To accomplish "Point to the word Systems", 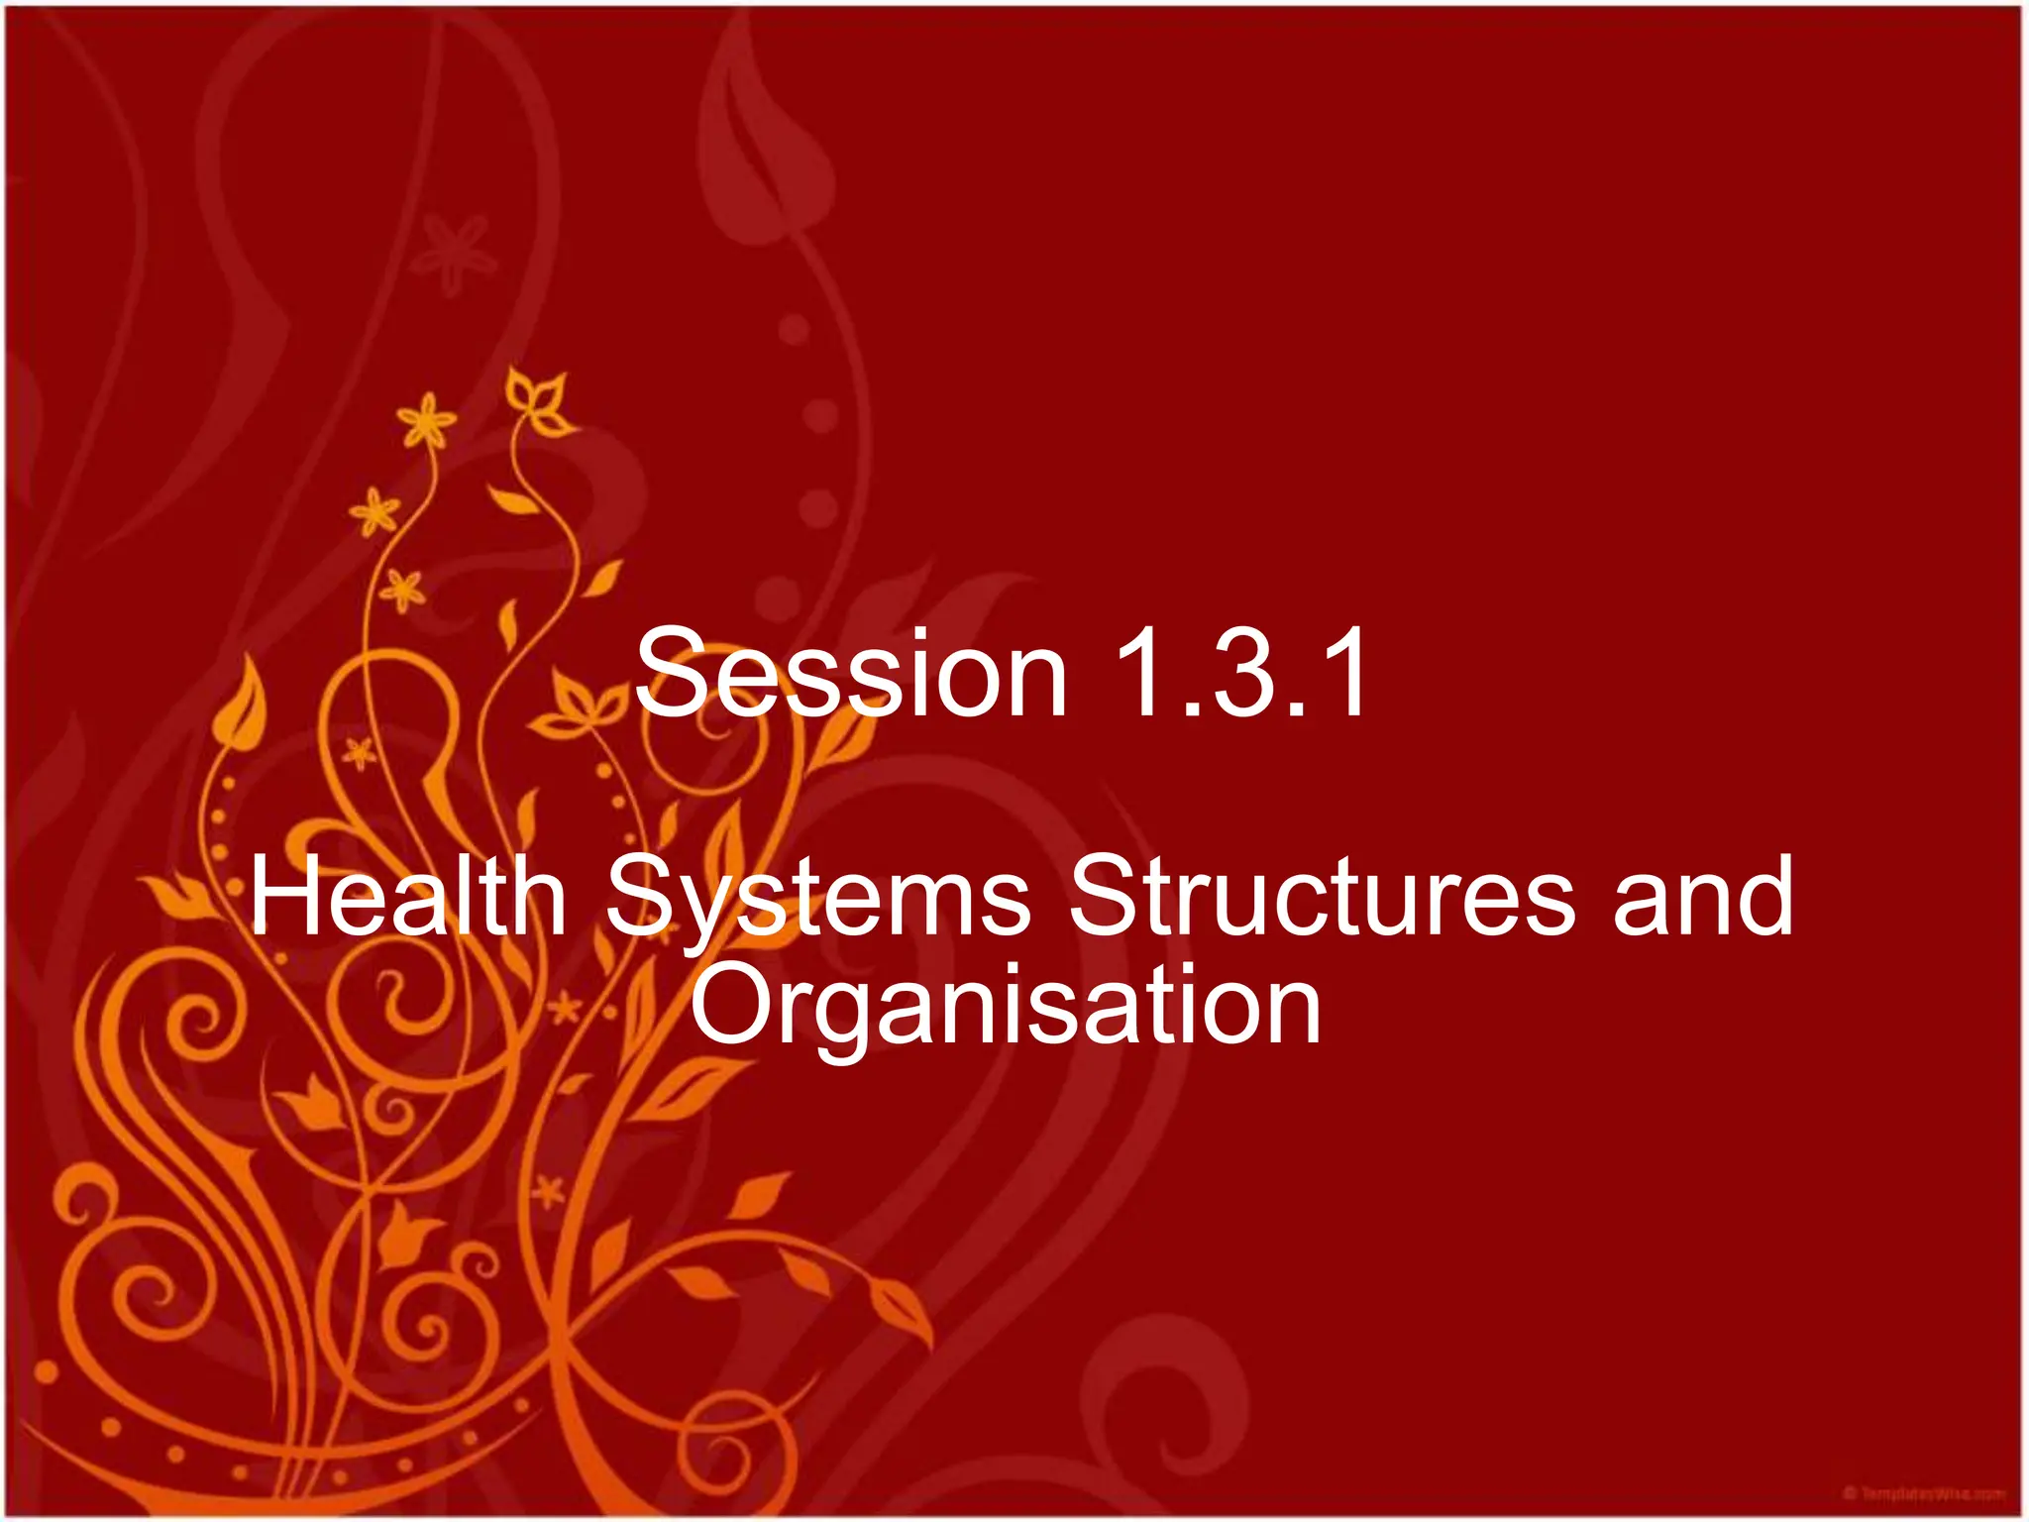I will coord(818,897).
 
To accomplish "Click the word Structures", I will coord(1323,897).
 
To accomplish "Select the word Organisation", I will coord(1006,1006).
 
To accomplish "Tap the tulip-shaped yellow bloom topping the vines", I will coord(538,402).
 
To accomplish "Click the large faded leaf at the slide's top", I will coord(768,149).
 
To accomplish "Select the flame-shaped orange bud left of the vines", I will coord(241,708).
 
